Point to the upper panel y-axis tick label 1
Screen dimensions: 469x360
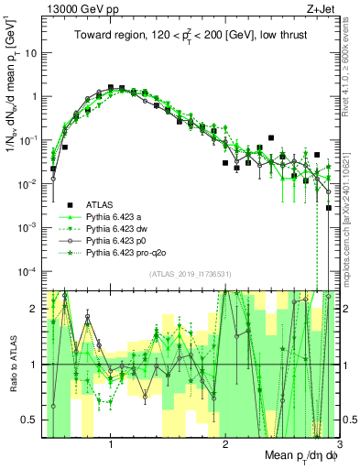[33, 96]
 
